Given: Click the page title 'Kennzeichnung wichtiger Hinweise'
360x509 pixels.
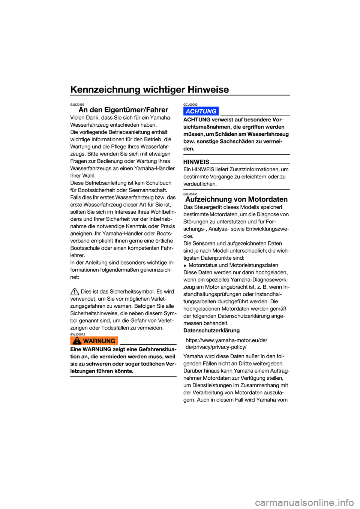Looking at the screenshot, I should click(149, 90).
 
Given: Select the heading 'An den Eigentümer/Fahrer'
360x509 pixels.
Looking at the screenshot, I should click(123, 110).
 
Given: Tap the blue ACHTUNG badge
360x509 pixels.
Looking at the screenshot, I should click(201, 111).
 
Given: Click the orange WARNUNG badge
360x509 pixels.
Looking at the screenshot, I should click(94, 341).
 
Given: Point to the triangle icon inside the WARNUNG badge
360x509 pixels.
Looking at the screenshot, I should click(77, 341).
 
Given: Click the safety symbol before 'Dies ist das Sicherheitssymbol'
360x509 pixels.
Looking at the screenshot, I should click(75, 292).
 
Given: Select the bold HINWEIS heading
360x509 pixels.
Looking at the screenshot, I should click(196, 162).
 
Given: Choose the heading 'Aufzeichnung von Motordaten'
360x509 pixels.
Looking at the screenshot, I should click(236, 199).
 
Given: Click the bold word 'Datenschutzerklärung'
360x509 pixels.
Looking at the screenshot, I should click(211, 331).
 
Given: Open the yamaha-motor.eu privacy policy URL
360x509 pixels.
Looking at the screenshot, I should click(226, 344).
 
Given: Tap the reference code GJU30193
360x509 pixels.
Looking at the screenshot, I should click(77, 105).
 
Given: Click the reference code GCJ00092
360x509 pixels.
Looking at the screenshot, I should click(190, 105).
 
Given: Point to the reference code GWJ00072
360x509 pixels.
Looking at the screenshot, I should click(77, 334).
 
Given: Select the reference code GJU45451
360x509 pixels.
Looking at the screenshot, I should click(190, 194).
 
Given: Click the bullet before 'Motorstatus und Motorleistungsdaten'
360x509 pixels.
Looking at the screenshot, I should click(185, 265).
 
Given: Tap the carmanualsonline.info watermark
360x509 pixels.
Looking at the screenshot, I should click(304, 502).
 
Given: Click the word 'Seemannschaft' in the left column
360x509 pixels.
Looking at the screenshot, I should click(149, 190).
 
